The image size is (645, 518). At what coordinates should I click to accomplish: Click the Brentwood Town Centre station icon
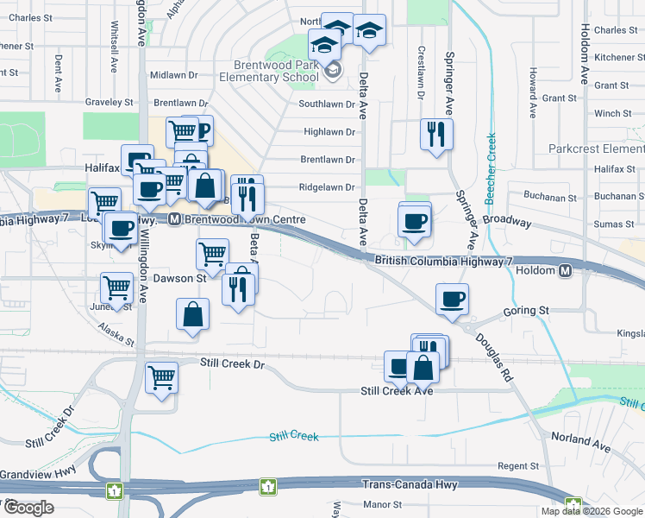[173, 219]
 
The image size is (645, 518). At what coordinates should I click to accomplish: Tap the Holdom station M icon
[566, 271]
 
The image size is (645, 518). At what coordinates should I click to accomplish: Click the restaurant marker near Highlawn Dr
[436, 134]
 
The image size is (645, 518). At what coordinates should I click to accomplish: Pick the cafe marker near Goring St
[452, 299]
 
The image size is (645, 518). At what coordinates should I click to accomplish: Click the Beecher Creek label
[491, 167]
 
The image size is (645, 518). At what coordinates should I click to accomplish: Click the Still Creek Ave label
[396, 391]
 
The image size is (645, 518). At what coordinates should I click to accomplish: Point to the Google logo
[28, 508]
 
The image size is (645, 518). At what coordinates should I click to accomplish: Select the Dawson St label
[179, 278]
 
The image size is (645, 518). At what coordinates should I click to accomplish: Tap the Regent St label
[517, 466]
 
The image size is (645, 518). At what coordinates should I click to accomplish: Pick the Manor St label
[383, 504]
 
